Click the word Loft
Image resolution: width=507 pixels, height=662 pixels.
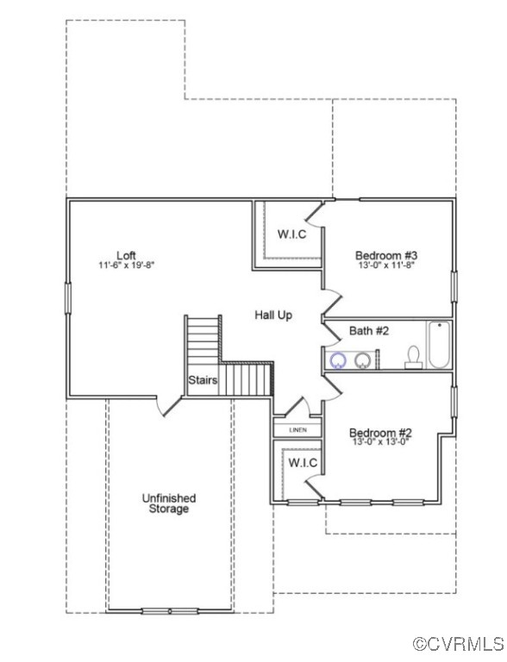[x=126, y=255]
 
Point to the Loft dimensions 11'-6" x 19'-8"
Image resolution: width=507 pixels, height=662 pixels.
[x=126, y=266]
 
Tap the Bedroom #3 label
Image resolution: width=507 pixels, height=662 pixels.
[x=386, y=255]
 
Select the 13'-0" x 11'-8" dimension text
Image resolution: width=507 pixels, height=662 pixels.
[x=386, y=266]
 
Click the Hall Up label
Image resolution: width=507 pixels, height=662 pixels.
[x=272, y=315]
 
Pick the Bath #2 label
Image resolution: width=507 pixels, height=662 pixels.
[x=369, y=331]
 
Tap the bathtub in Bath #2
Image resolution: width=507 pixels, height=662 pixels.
[x=439, y=346]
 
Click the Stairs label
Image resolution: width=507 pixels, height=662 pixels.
[x=203, y=379]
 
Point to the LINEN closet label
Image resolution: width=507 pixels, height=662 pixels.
[x=297, y=429]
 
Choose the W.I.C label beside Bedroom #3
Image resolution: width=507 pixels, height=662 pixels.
[x=291, y=234]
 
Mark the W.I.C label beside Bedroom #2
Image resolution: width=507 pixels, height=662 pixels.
[x=302, y=464]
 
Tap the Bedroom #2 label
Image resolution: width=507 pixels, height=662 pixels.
[x=379, y=433]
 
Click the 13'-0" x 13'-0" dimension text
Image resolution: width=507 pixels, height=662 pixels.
[x=379, y=443]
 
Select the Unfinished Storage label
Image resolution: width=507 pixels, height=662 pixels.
[x=168, y=503]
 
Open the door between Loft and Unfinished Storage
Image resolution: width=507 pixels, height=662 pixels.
[x=169, y=405]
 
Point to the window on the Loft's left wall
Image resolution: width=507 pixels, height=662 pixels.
[x=68, y=297]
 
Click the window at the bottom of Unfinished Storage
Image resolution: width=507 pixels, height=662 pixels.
[x=170, y=611]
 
